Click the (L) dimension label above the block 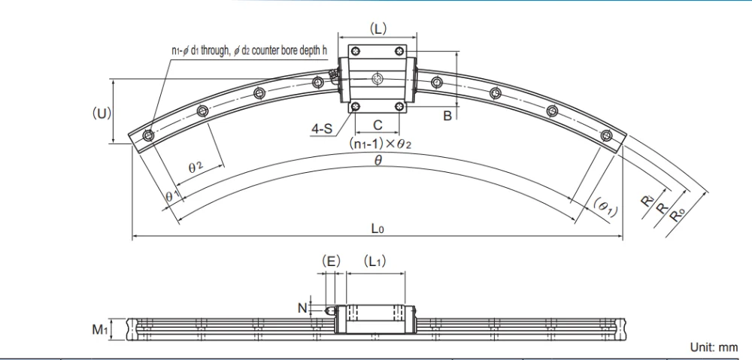(378, 29)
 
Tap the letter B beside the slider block (447, 116)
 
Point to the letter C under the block (378, 124)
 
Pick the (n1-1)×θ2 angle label (378, 143)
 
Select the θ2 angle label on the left (197, 168)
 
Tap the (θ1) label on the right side (605, 207)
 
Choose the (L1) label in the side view (374, 262)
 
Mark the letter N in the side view (302, 307)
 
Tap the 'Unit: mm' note (714, 347)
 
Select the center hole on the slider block (378, 78)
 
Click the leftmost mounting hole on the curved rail (148, 135)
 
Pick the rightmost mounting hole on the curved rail (608, 135)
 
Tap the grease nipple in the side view (329, 309)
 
